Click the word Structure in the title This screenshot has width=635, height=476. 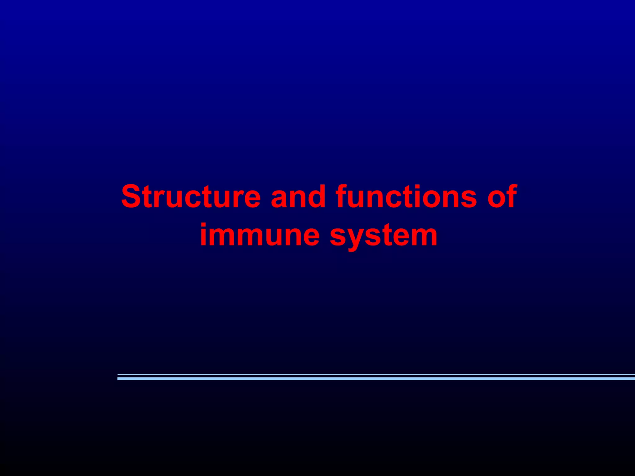tap(191, 196)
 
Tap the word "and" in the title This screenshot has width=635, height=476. tap(298, 196)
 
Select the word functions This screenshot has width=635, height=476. tap(406, 196)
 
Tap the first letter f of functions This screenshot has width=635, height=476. tap(341, 196)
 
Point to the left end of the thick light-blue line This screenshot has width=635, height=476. tap(119, 378)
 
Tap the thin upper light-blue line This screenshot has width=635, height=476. tap(372, 375)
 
